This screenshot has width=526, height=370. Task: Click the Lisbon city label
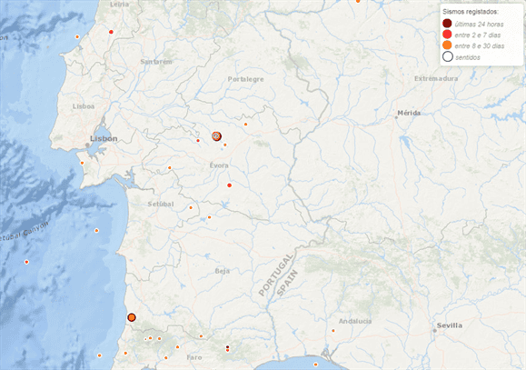pos(104,138)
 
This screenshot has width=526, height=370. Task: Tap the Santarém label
pos(156,62)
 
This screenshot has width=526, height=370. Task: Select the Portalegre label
pos(245,80)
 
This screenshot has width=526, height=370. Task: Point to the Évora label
pos(218,165)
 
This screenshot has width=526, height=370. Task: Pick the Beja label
pos(222,271)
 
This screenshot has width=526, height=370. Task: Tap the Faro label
pos(194,357)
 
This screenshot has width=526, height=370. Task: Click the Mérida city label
pos(409,115)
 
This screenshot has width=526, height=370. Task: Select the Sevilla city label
pos(449,325)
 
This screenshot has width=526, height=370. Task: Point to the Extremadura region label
pos(436,79)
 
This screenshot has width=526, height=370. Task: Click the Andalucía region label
pos(355,321)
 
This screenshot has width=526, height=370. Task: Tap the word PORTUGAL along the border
pos(276,273)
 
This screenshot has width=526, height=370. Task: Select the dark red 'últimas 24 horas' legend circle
pos(447,23)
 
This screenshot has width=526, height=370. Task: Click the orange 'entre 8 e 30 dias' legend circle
pos(447,45)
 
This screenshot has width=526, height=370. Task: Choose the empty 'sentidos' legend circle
pos(447,56)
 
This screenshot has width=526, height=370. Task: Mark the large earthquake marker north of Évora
pos(216,136)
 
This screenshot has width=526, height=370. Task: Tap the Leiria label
pos(119,4)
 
